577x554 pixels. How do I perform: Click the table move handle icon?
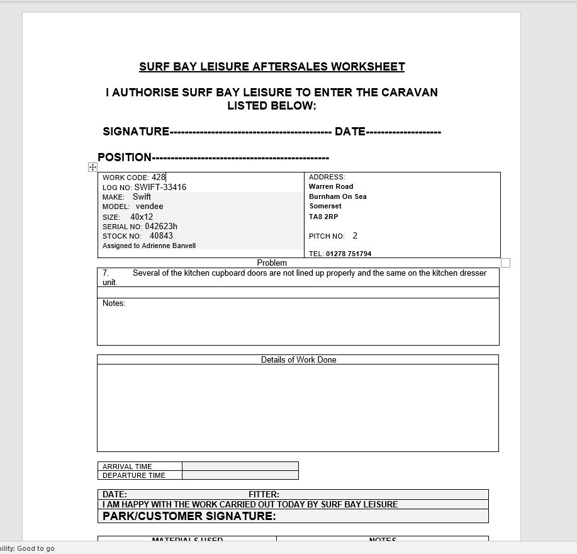pos(92,167)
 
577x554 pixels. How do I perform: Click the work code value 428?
pos(158,178)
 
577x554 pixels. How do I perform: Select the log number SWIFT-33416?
pos(160,187)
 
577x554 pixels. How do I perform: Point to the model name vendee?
pos(149,206)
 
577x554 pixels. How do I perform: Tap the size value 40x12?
pos(142,217)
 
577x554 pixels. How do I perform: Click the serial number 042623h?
pos(161,227)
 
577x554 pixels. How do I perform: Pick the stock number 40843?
pos(161,236)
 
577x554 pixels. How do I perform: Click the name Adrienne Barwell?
pos(169,246)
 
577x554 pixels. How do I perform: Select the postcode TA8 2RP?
pos(323,217)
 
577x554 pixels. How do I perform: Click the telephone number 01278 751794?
pos(349,254)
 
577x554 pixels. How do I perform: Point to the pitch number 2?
pos(355,236)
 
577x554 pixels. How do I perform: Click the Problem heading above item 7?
pos(272,263)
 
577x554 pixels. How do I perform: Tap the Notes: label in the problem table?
pos(114,303)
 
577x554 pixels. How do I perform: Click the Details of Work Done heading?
pos(298,359)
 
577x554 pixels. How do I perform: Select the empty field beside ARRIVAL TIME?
pos(240,466)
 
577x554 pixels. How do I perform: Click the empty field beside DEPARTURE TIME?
pos(240,475)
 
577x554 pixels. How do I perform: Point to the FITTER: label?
pos(264,494)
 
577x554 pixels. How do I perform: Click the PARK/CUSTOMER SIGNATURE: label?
pos(189,516)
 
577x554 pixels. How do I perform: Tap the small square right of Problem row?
pos(505,263)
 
